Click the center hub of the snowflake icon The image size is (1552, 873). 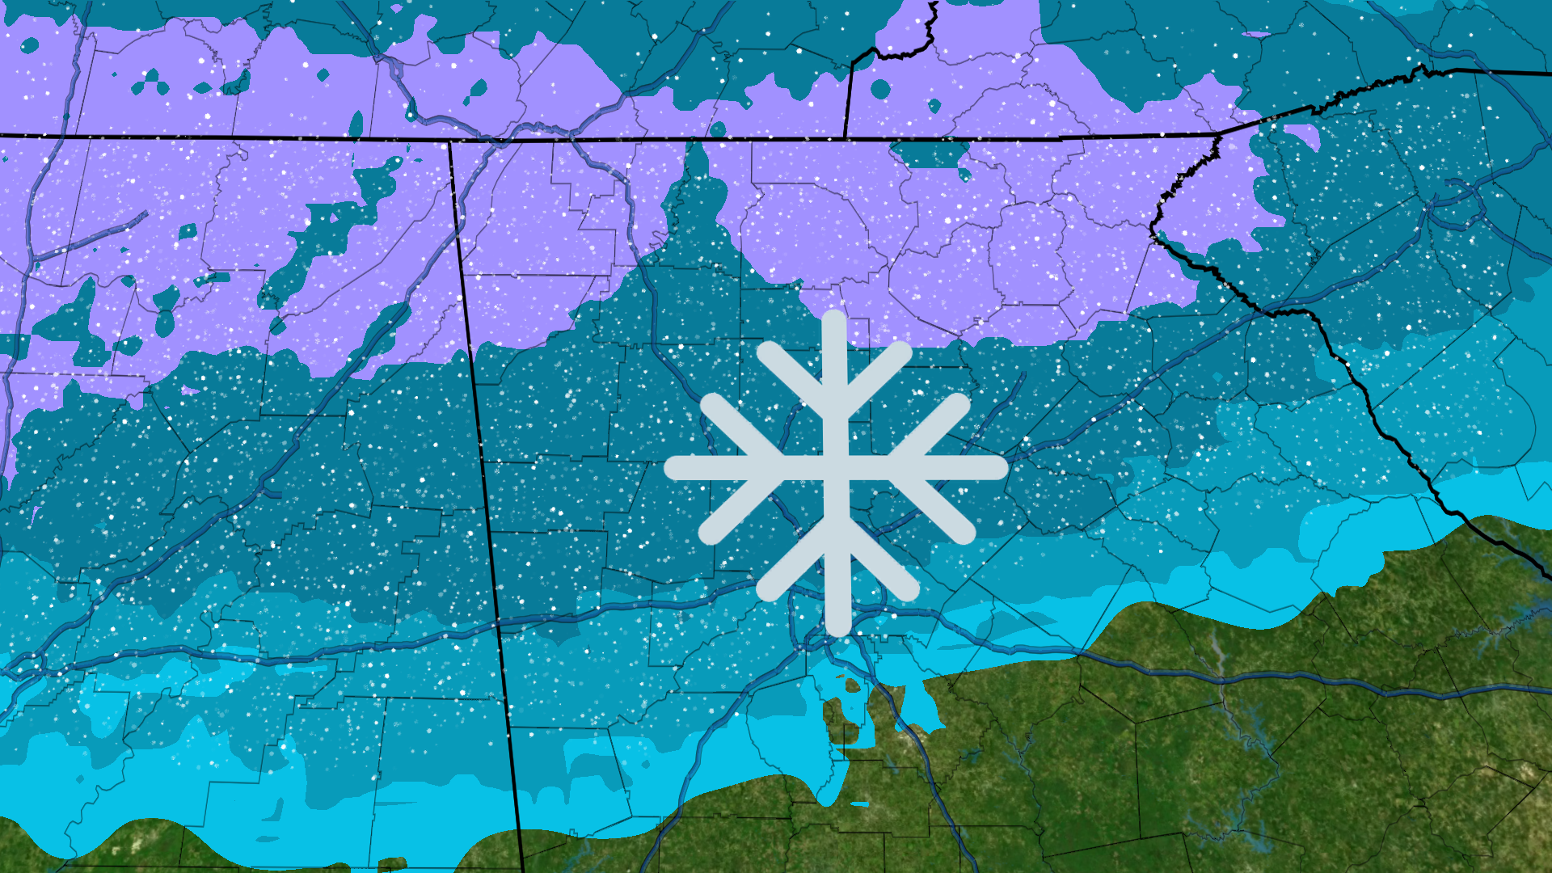836,468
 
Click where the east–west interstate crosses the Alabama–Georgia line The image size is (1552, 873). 497,624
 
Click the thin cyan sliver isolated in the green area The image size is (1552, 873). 859,804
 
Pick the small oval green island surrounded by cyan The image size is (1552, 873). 852,685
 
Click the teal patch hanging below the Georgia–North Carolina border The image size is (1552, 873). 930,153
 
